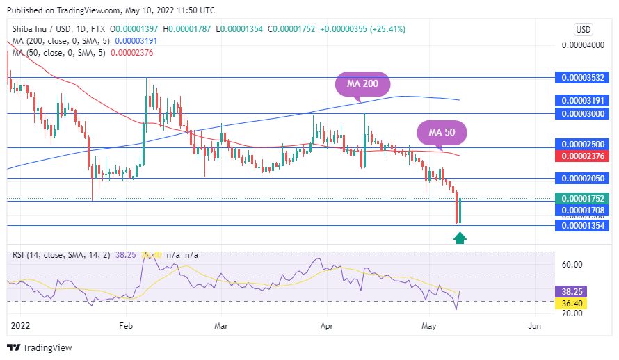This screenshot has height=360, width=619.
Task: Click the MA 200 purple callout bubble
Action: pos(363,83)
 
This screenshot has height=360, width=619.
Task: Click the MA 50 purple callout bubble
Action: pos(441,132)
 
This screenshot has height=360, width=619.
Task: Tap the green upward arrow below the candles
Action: pos(460,238)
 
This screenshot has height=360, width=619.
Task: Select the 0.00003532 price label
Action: pos(583,78)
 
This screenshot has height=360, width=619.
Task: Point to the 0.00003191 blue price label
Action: pos(583,100)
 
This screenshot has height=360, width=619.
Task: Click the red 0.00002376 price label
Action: pos(583,156)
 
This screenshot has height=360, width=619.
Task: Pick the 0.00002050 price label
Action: pos(583,179)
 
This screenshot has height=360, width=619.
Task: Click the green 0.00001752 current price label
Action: pos(583,198)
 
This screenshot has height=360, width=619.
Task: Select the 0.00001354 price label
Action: pos(583,226)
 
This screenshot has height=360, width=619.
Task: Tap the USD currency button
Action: pos(583,30)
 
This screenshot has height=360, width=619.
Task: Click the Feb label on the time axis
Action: pos(125,325)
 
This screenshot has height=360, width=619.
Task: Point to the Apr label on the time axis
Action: pos(327,325)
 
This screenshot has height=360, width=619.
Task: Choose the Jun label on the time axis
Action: pos(534,325)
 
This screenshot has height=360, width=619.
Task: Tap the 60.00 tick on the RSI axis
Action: pos(572,265)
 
